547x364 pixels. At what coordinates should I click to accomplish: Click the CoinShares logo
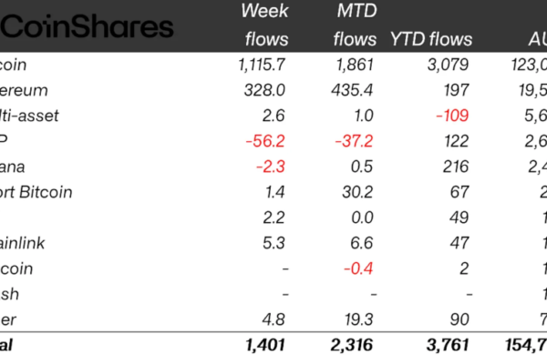[x=87, y=26]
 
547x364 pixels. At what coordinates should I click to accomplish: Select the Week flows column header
[x=265, y=25]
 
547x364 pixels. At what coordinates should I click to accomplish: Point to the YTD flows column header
[x=431, y=39]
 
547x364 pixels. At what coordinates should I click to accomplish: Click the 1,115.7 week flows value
[x=261, y=65]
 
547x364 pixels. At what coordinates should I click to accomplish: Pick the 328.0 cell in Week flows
[x=267, y=90]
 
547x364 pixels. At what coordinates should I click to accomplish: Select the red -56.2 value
[x=265, y=141]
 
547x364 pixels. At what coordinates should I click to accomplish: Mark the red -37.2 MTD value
[x=354, y=141]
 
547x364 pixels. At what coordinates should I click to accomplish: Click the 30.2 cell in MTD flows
[x=358, y=192]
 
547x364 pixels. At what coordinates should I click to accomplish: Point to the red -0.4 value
[x=358, y=268]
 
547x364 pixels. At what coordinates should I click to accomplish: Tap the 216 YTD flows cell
[x=459, y=167]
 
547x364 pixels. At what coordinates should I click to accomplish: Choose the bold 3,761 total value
[x=448, y=345]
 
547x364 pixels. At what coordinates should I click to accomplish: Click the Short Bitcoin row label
[x=36, y=192]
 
